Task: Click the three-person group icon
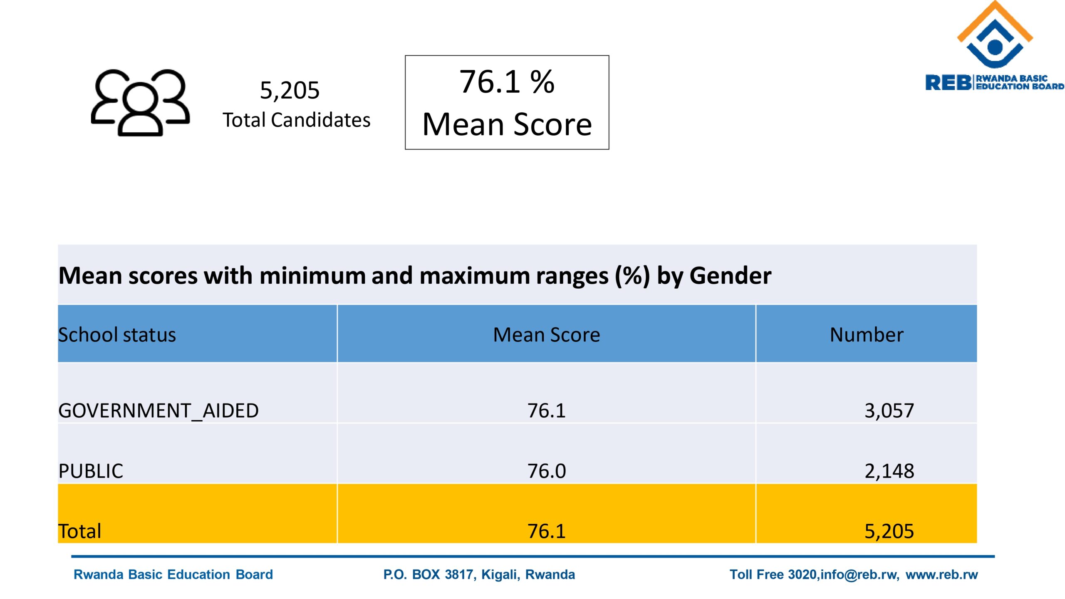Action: click(x=140, y=103)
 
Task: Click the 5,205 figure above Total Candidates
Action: click(x=290, y=90)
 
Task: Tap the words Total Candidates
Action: click(x=296, y=120)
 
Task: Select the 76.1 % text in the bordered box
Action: click(x=507, y=82)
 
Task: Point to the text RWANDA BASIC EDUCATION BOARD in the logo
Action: click(x=1019, y=82)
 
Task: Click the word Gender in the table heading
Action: click(x=730, y=276)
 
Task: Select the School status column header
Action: click(x=117, y=335)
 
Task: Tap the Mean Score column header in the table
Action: click(x=546, y=335)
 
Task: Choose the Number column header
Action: click(x=866, y=335)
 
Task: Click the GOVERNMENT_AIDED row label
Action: click(x=159, y=411)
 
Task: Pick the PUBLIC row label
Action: click(x=91, y=471)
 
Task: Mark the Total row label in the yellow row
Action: click(x=79, y=531)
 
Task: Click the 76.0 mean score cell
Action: click(x=546, y=471)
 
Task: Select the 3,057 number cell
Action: click(x=889, y=411)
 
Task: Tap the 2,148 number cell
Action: click(x=889, y=471)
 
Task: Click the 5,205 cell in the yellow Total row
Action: click(x=889, y=531)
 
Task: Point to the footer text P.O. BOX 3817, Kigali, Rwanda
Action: click(x=479, y=574)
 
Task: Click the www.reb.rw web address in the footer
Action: click(x=941, y=574)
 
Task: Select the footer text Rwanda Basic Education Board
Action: click(x=173, y=574)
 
